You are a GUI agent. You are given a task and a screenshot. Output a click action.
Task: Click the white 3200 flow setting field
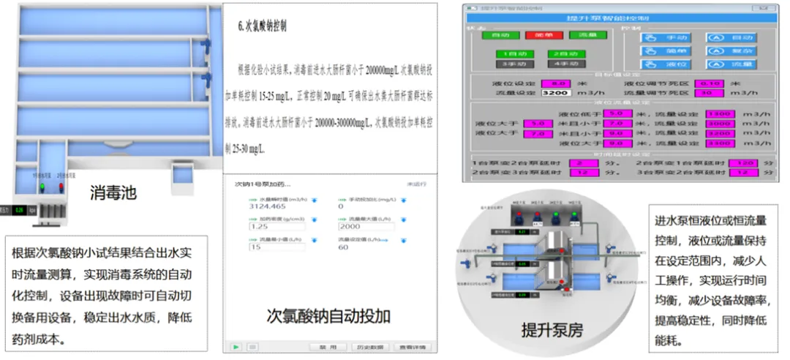point(555,93)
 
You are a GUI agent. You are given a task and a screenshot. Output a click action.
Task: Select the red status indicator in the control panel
point(530,34)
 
